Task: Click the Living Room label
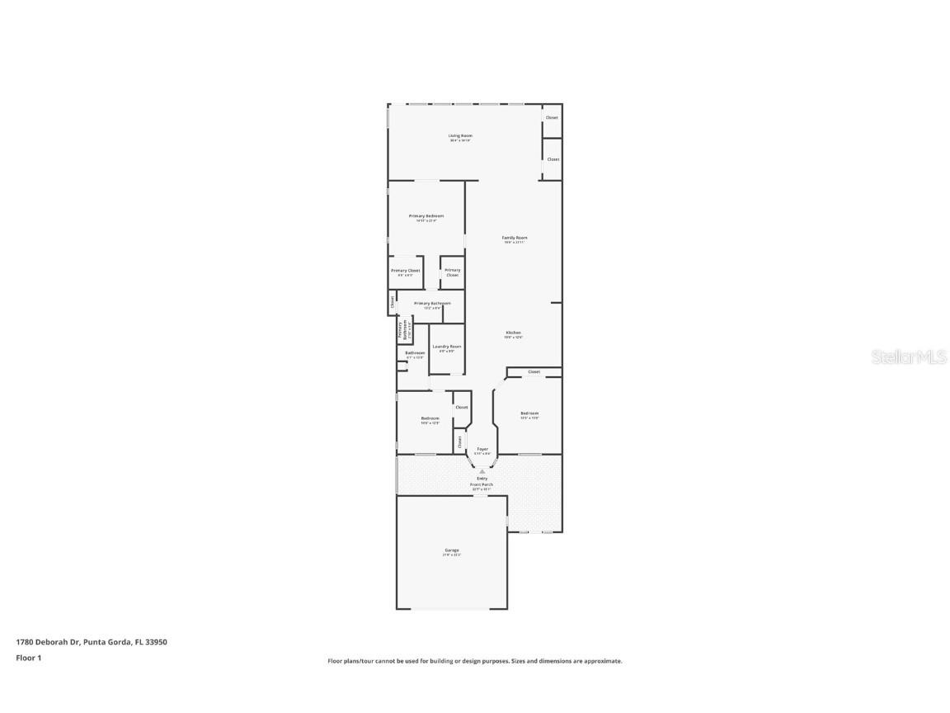[460, 136]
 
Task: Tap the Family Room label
[515, 238]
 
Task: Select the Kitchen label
[513, 333]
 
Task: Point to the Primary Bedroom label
[426, 216]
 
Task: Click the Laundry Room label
[447, 347]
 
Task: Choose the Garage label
[452, 550]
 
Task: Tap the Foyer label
[482, 450]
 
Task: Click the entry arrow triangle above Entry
[482, 471]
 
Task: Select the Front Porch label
[482, 484]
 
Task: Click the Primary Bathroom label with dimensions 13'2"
[432, 304]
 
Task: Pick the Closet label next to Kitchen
[534, 372]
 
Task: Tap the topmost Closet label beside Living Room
[552, 118]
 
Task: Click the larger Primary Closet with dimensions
[406, 271]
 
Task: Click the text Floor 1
[28, 658]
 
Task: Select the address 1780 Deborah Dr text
[48, 642]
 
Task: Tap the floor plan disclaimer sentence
[475, 661]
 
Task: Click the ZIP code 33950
[157, 642]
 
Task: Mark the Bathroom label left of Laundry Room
[415, 353]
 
